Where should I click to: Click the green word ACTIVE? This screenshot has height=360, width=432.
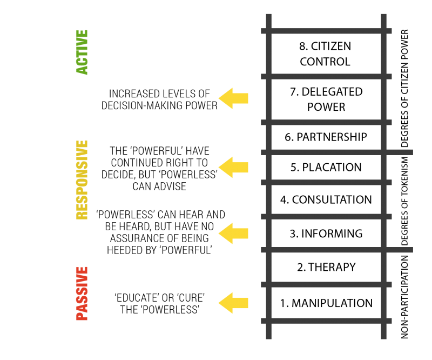[82, 52]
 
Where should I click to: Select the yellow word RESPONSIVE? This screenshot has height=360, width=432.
[82, 179]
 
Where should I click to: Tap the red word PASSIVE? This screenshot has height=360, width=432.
[82, 294]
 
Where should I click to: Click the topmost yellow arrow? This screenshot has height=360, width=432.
[233, 98]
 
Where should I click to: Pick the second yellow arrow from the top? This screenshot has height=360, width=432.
[233, 167]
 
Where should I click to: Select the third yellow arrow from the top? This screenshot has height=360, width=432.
[233, 234]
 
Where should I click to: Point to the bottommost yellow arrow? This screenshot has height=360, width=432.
[233, 303]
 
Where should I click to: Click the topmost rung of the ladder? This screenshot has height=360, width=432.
[326, 31]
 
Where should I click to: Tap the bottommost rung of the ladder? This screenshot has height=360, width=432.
[326, 321]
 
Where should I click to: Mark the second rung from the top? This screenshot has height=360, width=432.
[326, 77]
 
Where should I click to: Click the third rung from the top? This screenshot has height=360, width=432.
[326, 123]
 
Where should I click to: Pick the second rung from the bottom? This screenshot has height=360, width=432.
[326, 284]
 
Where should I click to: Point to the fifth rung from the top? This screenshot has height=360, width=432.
[326, 183]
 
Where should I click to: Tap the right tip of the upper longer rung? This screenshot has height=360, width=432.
[411, 152]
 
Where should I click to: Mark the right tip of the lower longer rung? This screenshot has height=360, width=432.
[411, 250]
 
